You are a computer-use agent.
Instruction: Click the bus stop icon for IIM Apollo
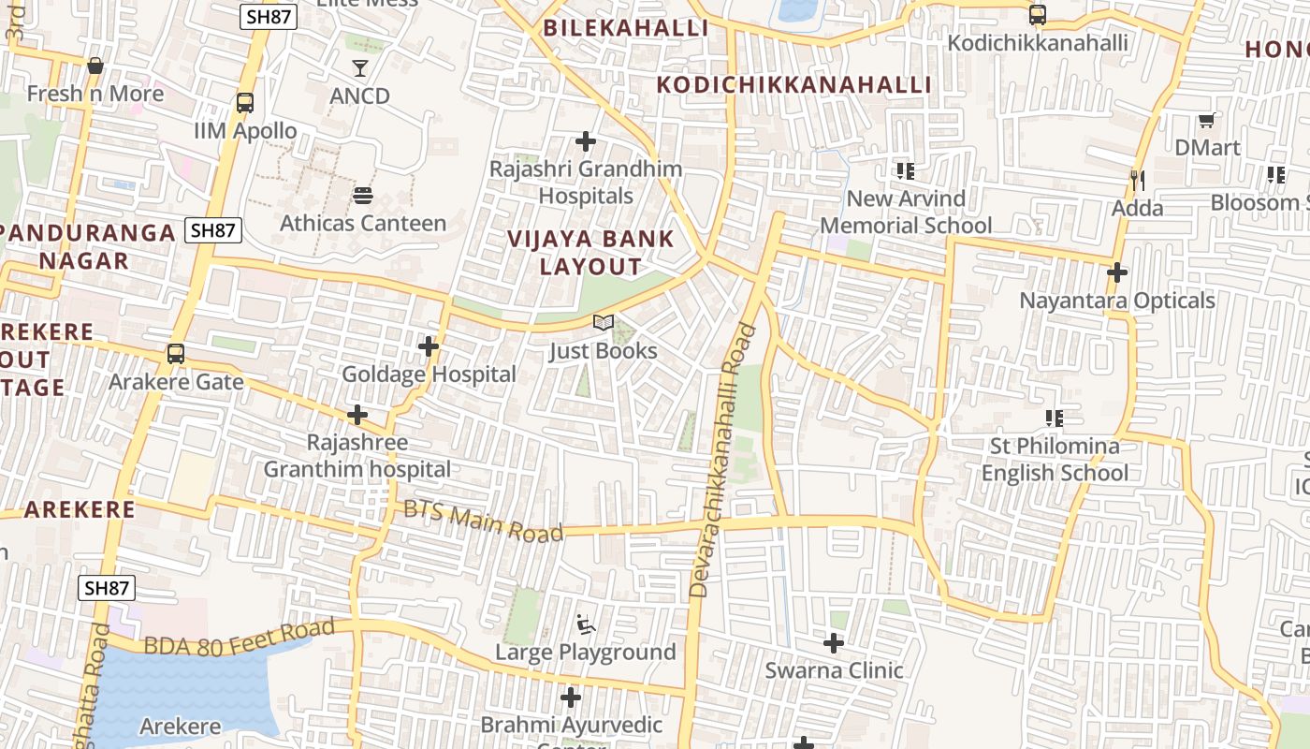click(245, 103)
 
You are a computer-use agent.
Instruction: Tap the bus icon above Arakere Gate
click(175, 354)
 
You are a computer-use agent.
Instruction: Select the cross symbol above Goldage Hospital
click(429, 346)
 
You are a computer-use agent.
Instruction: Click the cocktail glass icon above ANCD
click(360, 67)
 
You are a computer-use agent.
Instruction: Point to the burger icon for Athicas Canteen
click(362, 196)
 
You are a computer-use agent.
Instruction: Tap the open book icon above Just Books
click(604, 323)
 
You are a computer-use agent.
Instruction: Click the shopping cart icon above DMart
click(1207, 120)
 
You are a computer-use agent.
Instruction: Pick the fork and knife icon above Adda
click(1138, 180)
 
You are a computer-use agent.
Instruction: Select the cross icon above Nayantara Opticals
click(1116, 272)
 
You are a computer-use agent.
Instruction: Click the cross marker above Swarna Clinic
click(834, 643)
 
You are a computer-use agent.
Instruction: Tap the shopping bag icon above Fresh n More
click(95, 66)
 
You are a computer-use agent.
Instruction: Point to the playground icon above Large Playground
click(586, 624)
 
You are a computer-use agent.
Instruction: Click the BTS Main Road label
click(483, 521)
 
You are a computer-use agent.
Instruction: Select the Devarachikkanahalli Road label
click(722, 461)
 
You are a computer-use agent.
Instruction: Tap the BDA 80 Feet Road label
click(239, 637)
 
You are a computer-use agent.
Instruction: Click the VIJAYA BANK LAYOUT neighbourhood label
click(590, 251)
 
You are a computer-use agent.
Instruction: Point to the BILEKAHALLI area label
click(626, 28)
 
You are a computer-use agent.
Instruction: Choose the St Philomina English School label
click(1055, 459)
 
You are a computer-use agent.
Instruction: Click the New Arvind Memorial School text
click(906, 212)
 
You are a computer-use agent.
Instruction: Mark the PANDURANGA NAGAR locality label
click(88, 246)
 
